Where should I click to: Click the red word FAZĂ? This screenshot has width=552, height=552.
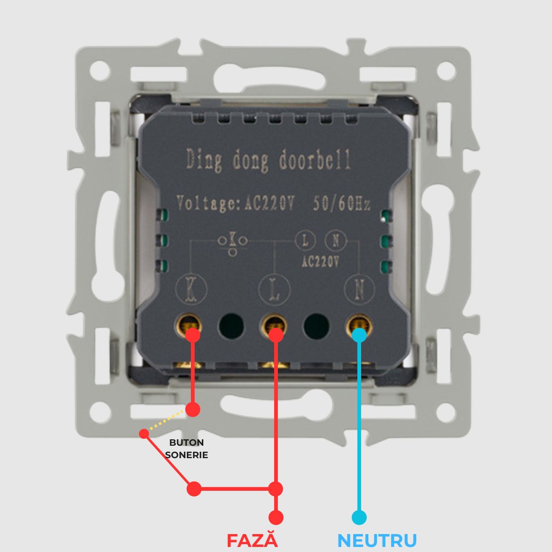[253, 540]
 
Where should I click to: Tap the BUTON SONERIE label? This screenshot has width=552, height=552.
[186, 448]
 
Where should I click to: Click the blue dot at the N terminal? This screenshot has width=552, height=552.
[359, 334]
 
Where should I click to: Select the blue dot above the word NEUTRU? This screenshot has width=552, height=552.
[359, 517]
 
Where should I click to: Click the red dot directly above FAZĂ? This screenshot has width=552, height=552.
[276, 517]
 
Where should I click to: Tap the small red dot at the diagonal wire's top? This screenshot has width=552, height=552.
[144, 433]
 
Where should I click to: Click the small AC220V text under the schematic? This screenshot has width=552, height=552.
[320, 262]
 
